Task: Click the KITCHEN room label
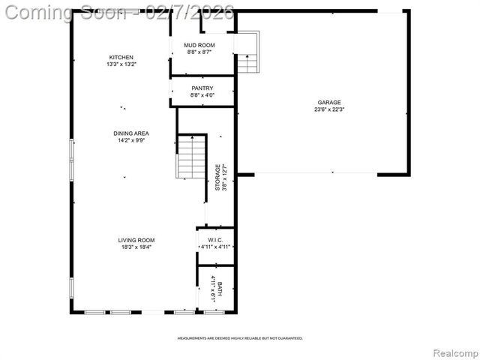[x=121, y=58]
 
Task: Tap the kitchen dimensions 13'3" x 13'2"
[x=121, y=64]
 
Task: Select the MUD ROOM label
[x=199, y=46]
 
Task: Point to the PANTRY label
[x=202, y=88]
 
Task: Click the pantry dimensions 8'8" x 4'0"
[x=202, y=95]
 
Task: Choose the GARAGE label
[x=328, y=102]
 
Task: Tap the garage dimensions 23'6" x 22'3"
[x=328, y=109]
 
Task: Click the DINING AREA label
[x=131, y=133]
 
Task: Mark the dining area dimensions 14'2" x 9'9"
[x=131, y=140]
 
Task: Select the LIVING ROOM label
[x=136, y=240]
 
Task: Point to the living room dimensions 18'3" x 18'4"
[x=136, y=247]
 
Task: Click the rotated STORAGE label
[x=218, y=177]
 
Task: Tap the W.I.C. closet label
[x=216, y=240]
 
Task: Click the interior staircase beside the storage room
[x=191, y=157]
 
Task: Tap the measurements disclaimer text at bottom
[x=240, y=338]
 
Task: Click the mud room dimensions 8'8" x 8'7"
[x=199, y=52]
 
